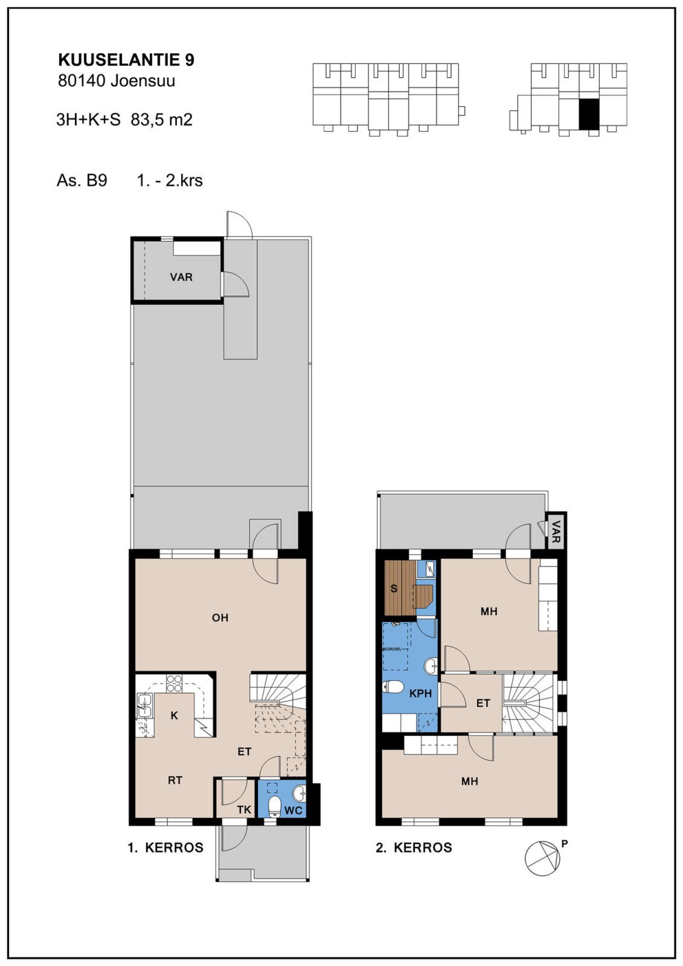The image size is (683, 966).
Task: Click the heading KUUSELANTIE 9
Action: [126, 60]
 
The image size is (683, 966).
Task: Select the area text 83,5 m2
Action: [162, 120]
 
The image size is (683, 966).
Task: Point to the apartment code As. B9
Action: [82, 180]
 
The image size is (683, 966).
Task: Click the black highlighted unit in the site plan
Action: [589, 114]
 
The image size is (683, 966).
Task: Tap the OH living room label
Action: [220, 617]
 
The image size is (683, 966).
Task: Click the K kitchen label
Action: [174, 716]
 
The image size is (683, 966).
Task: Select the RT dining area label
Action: [175, 780]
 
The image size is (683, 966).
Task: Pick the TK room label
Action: [244, 810]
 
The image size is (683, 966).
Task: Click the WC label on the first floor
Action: [293, 810]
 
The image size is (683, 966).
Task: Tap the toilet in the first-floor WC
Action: [275, 807]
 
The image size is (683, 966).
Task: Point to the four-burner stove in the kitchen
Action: [174, 683]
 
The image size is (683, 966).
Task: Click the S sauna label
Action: [394, 589]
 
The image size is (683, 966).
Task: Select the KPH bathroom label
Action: [420, 693]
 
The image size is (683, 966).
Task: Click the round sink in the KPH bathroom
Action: [431, 666]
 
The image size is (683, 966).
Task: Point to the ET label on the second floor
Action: [483, 703]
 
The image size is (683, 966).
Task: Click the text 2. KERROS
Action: [414, 847]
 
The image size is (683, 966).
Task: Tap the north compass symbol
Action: [542, 858]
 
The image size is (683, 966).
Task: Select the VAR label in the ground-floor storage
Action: [181, 277]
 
